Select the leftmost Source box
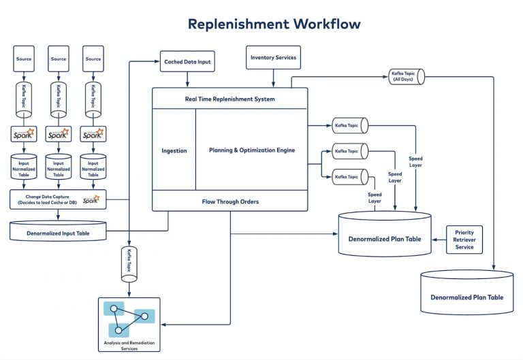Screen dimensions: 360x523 coord(25,59)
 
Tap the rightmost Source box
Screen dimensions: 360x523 coord(93,59)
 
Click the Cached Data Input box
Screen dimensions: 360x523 coord(187,62)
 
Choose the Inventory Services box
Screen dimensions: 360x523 coord(273,58)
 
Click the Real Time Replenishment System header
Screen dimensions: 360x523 coord(229,99)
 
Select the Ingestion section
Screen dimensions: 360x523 coord(174,150)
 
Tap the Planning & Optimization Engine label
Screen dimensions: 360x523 coord(251,150)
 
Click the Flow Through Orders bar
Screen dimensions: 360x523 coord(229,201)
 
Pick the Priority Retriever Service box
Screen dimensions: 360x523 coord(464,240)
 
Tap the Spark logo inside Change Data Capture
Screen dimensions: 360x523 coord(91,199)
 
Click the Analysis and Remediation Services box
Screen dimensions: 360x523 coord(129,325)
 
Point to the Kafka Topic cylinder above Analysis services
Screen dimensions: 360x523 coord(129,262)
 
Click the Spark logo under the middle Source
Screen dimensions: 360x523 coord(59,134)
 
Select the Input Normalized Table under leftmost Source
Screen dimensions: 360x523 coord(25,167)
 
